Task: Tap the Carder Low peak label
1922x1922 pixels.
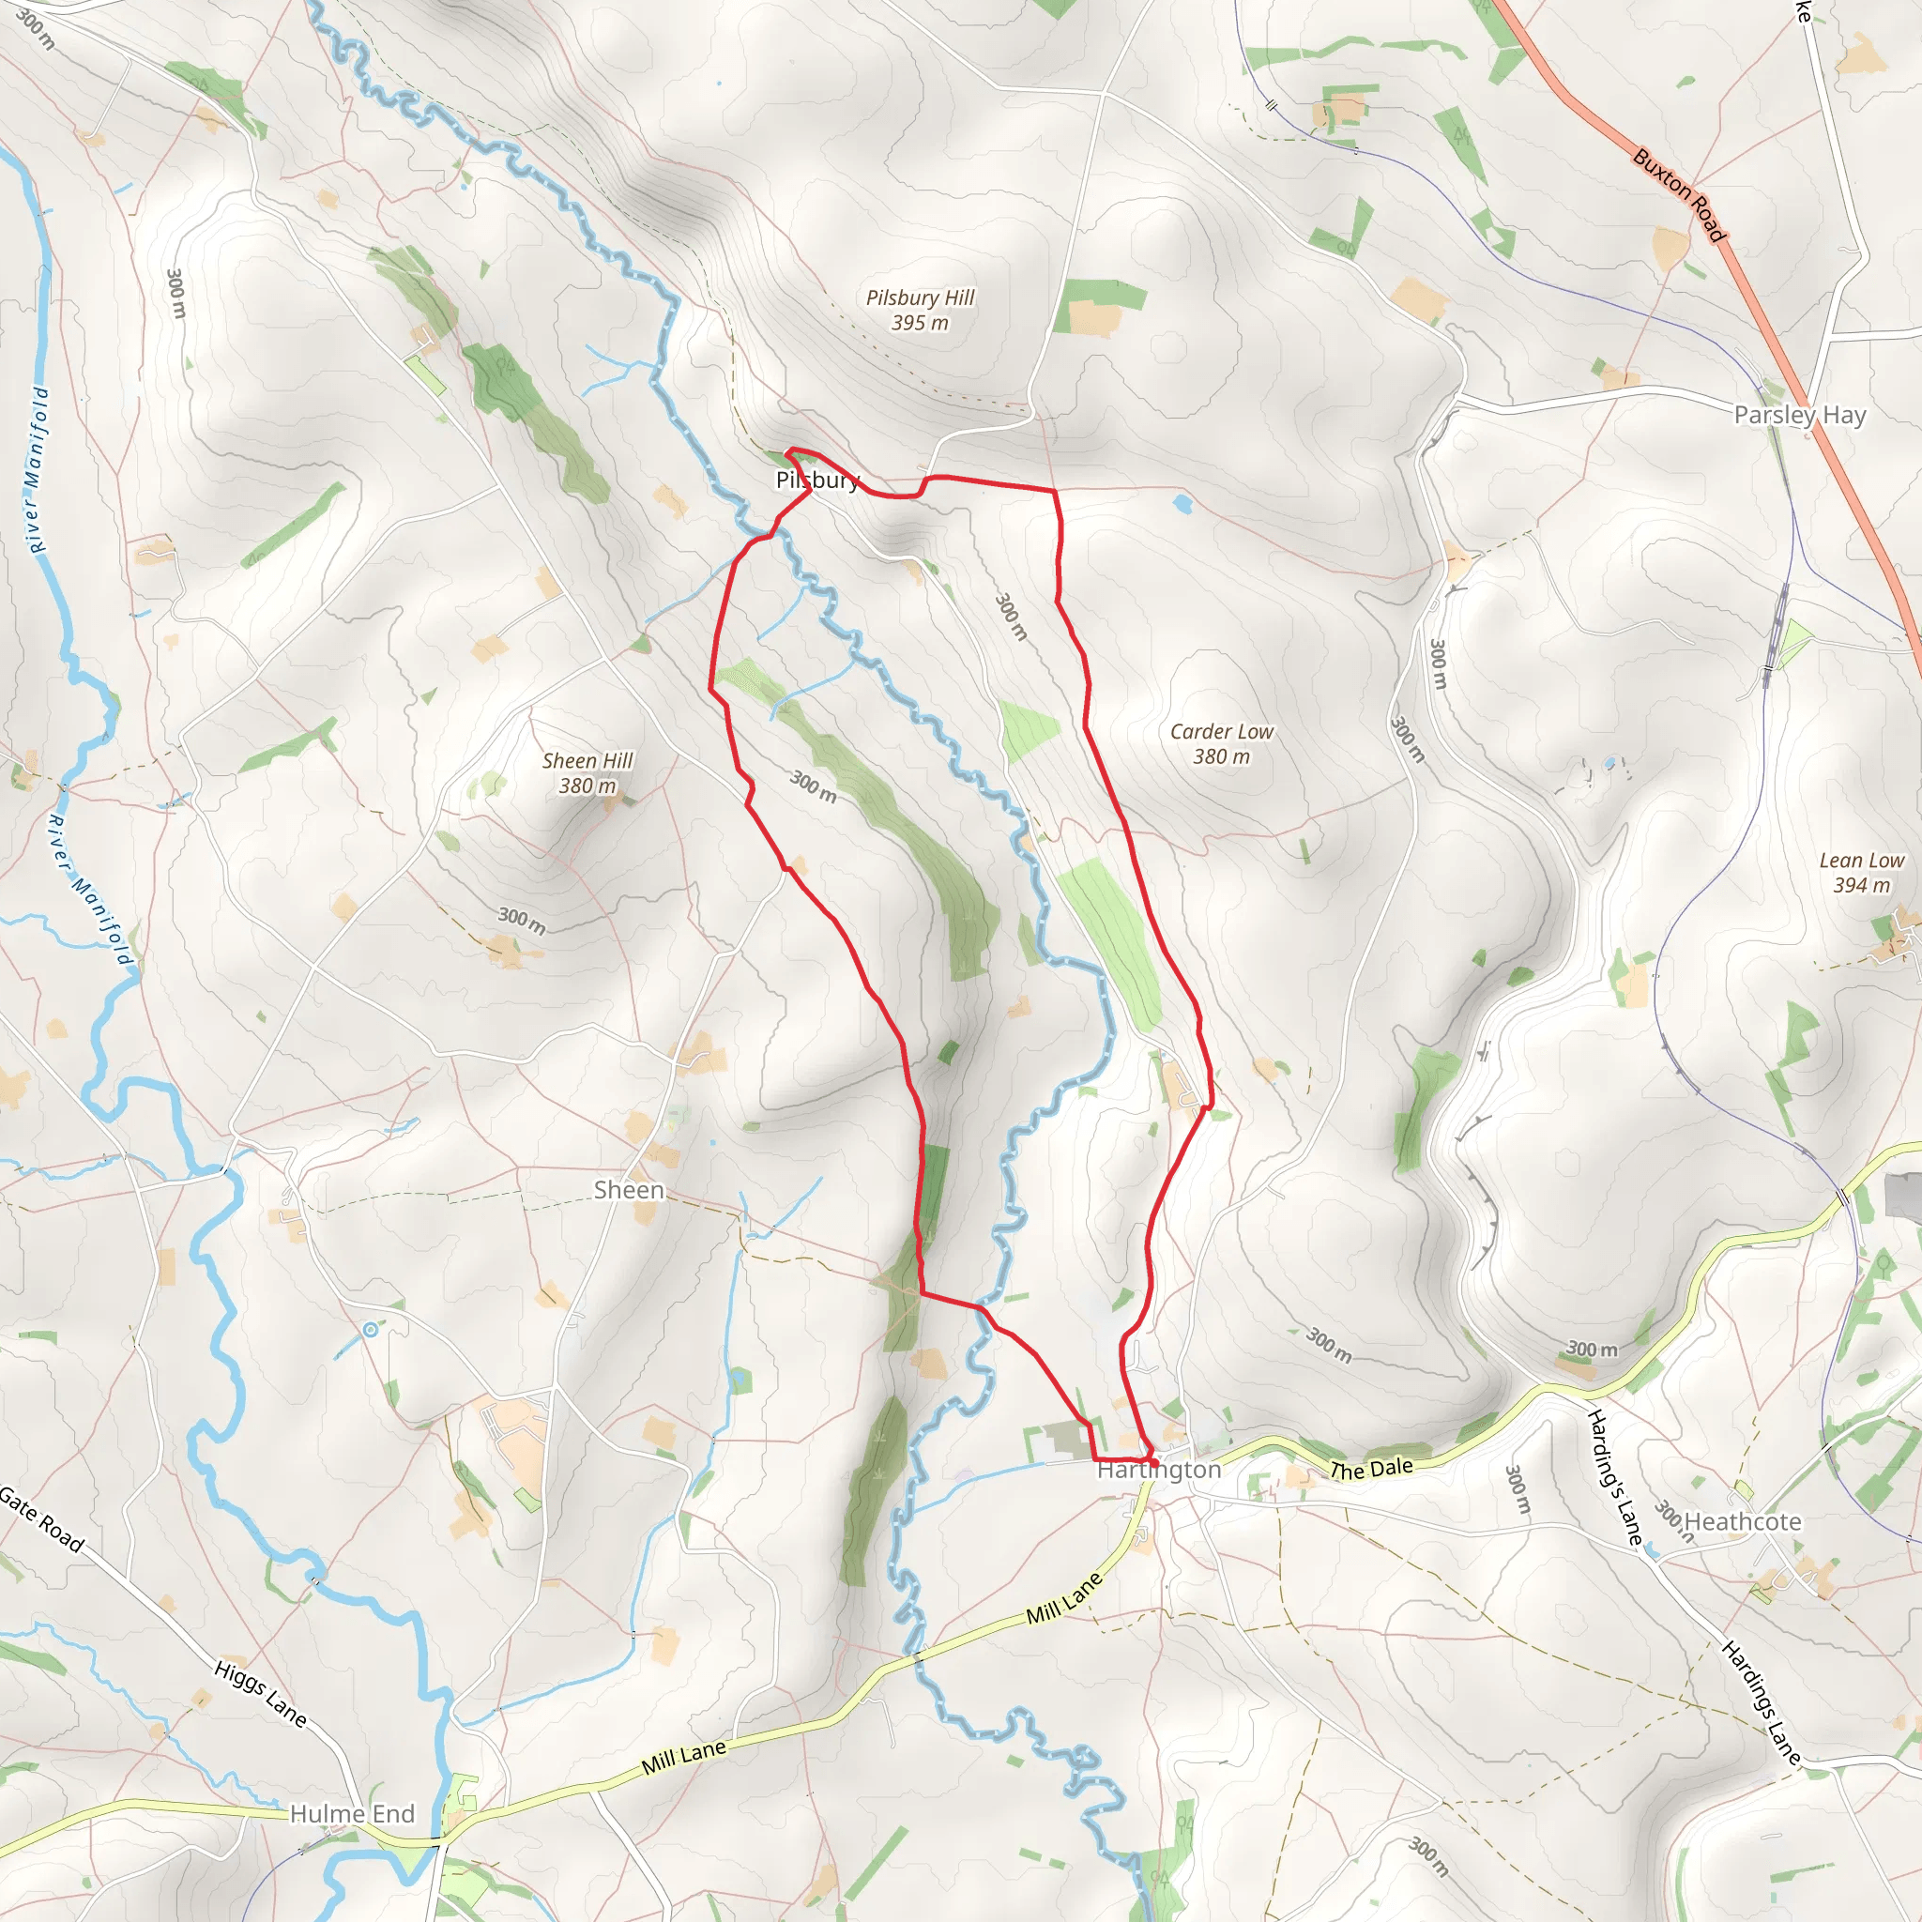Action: point(1221,731)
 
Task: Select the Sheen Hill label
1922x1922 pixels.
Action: point(587,761)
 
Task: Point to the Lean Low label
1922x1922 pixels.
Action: point(1861,861)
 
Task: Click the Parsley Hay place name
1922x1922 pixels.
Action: point(1800,415)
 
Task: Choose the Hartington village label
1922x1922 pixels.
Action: point(1159,1470)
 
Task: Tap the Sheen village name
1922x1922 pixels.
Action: point(629,1190)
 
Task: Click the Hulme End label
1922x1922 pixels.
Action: point(352,1813)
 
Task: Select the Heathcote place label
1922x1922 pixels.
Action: point(1743,1521)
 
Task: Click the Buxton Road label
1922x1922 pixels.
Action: point(1679,195)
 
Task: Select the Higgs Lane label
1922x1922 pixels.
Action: point(261,1693)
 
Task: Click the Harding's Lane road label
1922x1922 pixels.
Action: point(1613,1476)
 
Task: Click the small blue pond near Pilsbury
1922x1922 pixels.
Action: point(1182,504)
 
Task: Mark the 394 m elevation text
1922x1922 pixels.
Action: point(1861,885)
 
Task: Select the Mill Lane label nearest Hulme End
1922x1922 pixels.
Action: point(683,1758)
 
